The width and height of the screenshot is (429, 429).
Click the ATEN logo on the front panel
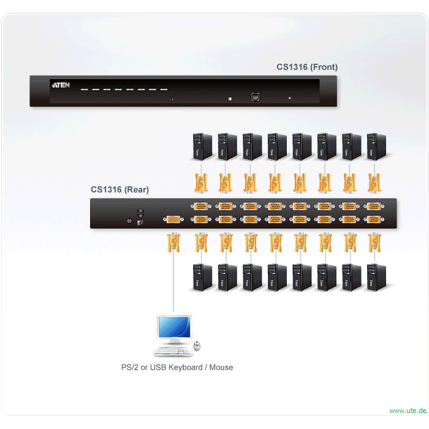point(61,85)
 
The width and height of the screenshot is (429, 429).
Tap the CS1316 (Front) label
point(307,67)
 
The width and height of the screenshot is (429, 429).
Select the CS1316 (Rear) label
point(120,189)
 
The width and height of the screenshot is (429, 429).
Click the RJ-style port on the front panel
point(256,97)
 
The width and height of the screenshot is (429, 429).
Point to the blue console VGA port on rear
point(173,219)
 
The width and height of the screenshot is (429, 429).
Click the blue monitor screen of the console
point(175,327)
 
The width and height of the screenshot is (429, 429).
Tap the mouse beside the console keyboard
point(197,346)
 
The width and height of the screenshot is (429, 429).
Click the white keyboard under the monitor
point(173,351)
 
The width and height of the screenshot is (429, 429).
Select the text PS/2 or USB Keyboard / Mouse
point(177,367)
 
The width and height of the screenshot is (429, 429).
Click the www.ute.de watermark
point(408,411)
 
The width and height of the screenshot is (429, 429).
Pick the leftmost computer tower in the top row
point(202,146)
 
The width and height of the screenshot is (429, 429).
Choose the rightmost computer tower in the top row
point(376,146)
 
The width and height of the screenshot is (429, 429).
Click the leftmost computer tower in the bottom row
point(202,277)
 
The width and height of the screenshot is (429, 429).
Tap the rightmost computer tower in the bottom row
point(376,277)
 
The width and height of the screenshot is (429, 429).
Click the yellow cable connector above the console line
point(173,243)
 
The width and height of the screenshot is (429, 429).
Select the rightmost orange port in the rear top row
point(374,207)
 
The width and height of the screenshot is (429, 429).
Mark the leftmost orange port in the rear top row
point(201,207)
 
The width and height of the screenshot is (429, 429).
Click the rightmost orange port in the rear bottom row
point(374,219)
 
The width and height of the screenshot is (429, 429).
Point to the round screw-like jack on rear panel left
point(129,221)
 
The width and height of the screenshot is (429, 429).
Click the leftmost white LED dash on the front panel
point(85,89)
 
